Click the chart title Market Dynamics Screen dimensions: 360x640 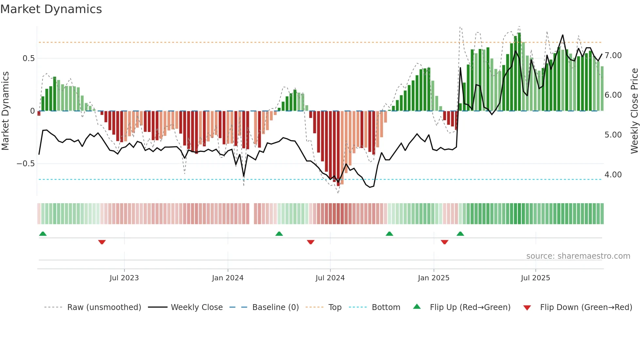pyautogui.click(x=51, y=9)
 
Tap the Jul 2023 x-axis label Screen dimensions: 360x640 pyautogui.click(x=124, y=278)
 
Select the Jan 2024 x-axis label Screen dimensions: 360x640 pyautogui.click(x=228, y=278)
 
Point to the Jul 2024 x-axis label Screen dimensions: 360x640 pyautogui.click(x=330, y=278)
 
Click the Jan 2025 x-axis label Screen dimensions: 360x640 pyautogui.click(x=434, y=278)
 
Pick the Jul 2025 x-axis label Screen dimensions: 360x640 pyautogui.click(x=536, y=278)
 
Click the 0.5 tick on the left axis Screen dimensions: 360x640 pyautogui.click(x=28, y=58)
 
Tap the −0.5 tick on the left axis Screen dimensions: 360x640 pyautogui.click(x=26, y=164)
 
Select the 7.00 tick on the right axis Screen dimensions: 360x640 pyautogui.click(x=613, y=56)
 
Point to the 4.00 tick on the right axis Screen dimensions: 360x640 pyautogui.click(x=613, y=175)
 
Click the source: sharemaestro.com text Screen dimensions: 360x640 pyautogui.click(x=578, y=256)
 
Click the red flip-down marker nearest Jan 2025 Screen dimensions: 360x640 pyautogui.click(x=444, y=242)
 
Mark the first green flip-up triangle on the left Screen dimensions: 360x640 pyautogui.click(x=43, y=234)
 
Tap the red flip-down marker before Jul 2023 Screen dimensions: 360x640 pyautogui.click(x=102, y=242)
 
